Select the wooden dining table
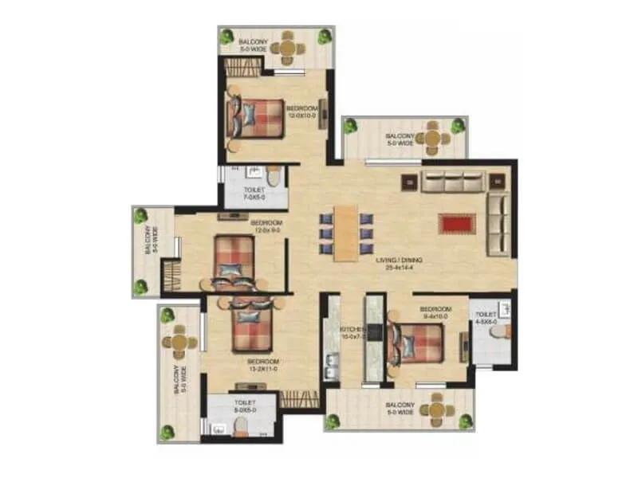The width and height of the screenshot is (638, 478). point(345,233)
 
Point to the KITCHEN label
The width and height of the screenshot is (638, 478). point(352,332)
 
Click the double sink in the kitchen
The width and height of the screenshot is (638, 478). point(330,370)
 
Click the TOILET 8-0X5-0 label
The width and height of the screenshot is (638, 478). point(245,406)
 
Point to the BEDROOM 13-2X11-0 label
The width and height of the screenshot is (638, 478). point(262,366)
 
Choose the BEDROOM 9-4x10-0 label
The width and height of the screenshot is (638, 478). point(435,312)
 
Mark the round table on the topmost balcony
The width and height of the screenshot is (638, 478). point(287,49)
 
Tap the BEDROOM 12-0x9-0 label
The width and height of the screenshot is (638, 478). point(266,226)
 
